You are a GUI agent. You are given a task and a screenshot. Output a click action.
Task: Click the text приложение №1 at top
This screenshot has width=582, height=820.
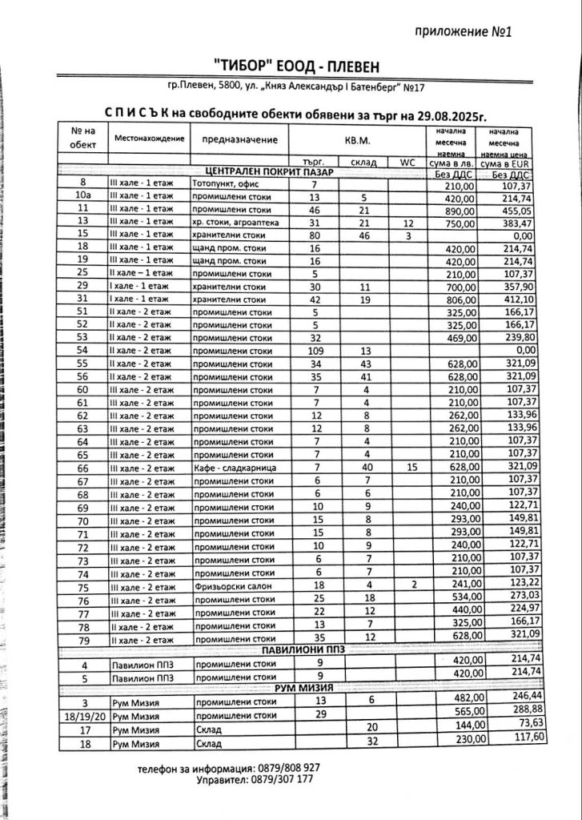[464, 31]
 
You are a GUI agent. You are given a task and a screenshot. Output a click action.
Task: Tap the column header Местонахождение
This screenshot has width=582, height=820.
[150, 139]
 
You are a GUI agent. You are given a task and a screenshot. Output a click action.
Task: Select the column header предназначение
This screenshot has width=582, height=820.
[239, 139]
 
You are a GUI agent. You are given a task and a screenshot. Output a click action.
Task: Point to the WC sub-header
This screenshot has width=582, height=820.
[407, 162]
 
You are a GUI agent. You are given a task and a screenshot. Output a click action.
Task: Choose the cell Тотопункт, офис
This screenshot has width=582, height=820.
[227, 184]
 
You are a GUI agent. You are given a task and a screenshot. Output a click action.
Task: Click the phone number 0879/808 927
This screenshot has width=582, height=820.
[284, 767]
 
